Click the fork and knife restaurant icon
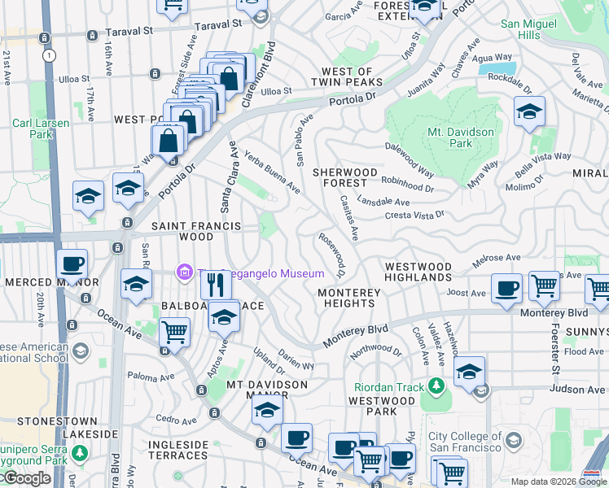point(216,285)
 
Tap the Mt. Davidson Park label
point(461,137)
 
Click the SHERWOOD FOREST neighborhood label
point(346,178)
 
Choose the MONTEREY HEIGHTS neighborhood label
point(346,298)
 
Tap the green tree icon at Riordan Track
point(437,384)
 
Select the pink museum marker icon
point(185,272)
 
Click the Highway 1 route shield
point(50,55)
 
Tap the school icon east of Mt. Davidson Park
point(529,112)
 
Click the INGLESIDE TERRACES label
point(178,450)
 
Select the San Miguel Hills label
point(531,30)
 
